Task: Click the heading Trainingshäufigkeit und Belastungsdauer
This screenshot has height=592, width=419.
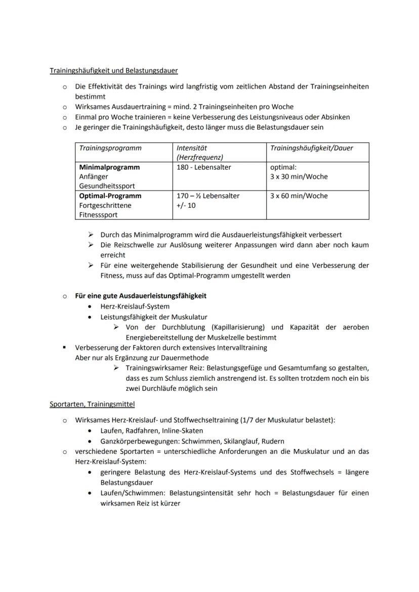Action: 113,70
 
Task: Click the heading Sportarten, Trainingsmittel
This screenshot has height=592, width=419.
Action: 92,404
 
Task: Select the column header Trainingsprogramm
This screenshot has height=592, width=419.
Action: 110,148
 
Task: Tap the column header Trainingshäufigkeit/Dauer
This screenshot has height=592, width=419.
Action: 312,148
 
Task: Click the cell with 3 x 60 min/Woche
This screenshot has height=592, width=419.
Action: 299,196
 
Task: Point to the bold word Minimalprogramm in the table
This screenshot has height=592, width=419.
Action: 109,167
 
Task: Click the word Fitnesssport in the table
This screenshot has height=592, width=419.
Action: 98,215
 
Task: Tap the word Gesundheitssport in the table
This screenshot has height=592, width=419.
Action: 107,186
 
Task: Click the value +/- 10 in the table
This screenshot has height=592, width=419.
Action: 185,206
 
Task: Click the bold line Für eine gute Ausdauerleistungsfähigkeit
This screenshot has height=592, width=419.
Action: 141,296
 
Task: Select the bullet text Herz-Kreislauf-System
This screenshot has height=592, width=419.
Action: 135,306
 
